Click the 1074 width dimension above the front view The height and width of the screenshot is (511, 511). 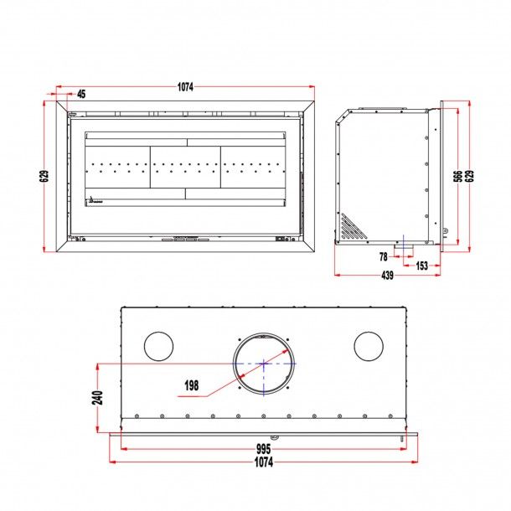(x=185, y=86)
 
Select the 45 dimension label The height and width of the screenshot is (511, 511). (x=81, y=94)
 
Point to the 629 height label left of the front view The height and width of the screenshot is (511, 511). (x=44, y=176)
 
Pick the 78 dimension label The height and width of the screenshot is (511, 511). (x=384, y=256)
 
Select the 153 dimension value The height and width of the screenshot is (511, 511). (x=421, y=266)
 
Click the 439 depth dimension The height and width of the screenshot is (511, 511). (x=388, y=276)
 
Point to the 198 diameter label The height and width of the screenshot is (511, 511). (x=193, y=387)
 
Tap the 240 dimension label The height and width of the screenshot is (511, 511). (x=97, y=397)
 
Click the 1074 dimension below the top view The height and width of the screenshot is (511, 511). (x=263, y=462)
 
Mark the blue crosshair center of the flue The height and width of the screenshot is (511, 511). (x=264, y=364)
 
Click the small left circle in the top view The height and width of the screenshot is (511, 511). (x=159, y=346)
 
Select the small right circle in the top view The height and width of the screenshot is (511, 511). (x=368, y=346)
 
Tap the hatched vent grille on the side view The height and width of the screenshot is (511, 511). (x=352, y=225)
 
